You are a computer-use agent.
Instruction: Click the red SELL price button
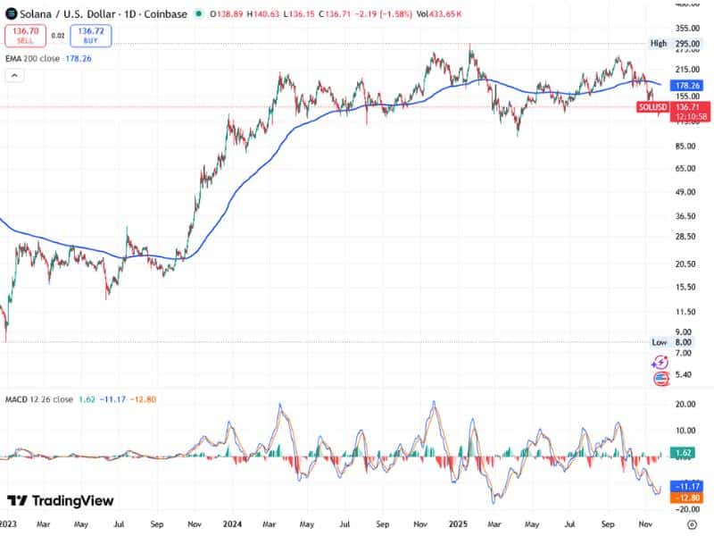[24, 36]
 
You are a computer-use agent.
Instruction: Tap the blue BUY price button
[92, 36]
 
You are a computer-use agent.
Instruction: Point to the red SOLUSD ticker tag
[652, 107]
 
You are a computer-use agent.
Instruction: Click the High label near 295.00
[659, 43]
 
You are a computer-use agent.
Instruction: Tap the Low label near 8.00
[659, 342]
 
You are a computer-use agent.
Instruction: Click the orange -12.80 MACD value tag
[682, 498]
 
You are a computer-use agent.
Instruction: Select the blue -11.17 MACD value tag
[682, 485]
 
